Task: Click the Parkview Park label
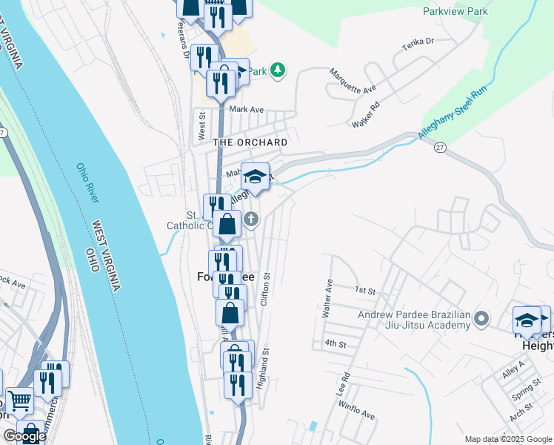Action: click(455, 11)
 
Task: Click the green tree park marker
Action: click(278, 70)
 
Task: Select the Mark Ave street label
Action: click(247, 109)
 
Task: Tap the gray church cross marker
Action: click(252, 218)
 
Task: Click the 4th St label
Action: click(336, 344)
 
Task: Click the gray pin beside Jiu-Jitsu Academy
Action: click(482, 320)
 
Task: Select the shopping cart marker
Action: click(19, 401)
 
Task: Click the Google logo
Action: click(24, 436)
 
